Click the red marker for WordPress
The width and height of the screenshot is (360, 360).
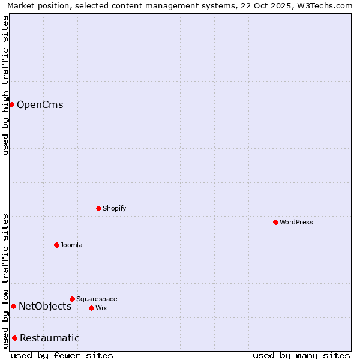pyautogui.click(x=275, y=222)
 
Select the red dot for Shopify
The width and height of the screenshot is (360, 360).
pyautogui.click(x=99, y=208)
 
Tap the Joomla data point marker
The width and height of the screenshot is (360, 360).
pyautogui.click(x=56, y=245)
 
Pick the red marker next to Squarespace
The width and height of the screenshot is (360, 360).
pyautogui.click(x=72, y=299)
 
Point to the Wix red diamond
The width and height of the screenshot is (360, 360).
pyautogui.click(x=91, y=308)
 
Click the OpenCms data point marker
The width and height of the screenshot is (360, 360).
pyautogui.click(x=11, y=104)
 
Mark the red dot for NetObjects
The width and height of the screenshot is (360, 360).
pyautogui.click(x=13, y=306)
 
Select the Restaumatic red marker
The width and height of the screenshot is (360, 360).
pyautogui.click(x=14, y=338)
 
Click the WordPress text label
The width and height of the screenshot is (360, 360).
pyautogui.click(x=296, y=222)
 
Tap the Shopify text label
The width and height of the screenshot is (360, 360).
pyautogui.click(x=115, y=208)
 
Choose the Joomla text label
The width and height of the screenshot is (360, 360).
pyautogui.click(x=71, y=245)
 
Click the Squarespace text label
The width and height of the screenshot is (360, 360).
pyautogui.click(x=97, y=299)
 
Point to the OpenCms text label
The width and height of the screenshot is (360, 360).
pyautogui.click(x=40, y=105)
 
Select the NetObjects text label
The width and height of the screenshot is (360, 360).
pyautogui.click(x=45, y=307)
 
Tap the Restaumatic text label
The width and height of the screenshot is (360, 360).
pyautogui.click(x=50, y=338)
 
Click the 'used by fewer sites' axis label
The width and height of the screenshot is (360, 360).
pyautogui.click(x=62, y=355)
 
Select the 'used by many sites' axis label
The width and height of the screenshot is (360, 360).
pyautogui.click(x=301, y=355)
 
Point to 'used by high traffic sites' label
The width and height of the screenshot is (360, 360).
pyautogui.click(x=5, y=85)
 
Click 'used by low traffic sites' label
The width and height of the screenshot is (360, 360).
pyautogui.click(x=5, y=280)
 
